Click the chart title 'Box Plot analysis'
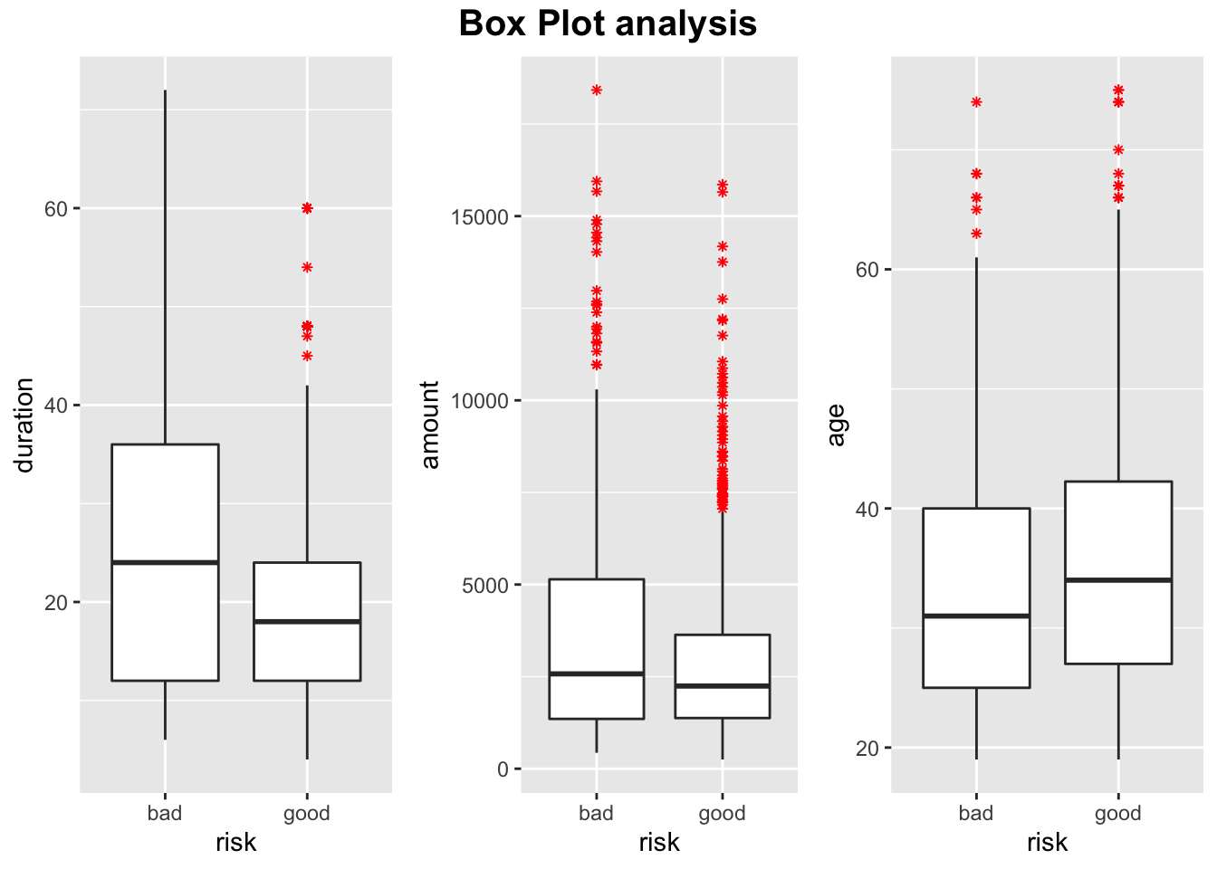pos(608,24)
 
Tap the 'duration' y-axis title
pos(24,425)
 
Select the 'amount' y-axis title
pos(430,425)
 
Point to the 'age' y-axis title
pos(836,425)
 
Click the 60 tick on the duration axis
pos(56,208)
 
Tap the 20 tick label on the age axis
pos(867,748)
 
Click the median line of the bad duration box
pos(165,562)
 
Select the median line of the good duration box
pos(307,621)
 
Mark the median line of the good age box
pos(1118,579)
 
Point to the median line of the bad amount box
pos(596,673)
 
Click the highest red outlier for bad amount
pos(597,91)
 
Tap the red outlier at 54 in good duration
pos(307,267)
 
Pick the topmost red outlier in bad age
pos(976,102)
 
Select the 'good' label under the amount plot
pos(722,813)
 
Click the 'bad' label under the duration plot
pos(165,813)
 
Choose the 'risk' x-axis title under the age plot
pos(1047,843)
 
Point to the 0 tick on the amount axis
pos(503,769)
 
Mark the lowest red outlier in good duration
pos(307,356)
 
